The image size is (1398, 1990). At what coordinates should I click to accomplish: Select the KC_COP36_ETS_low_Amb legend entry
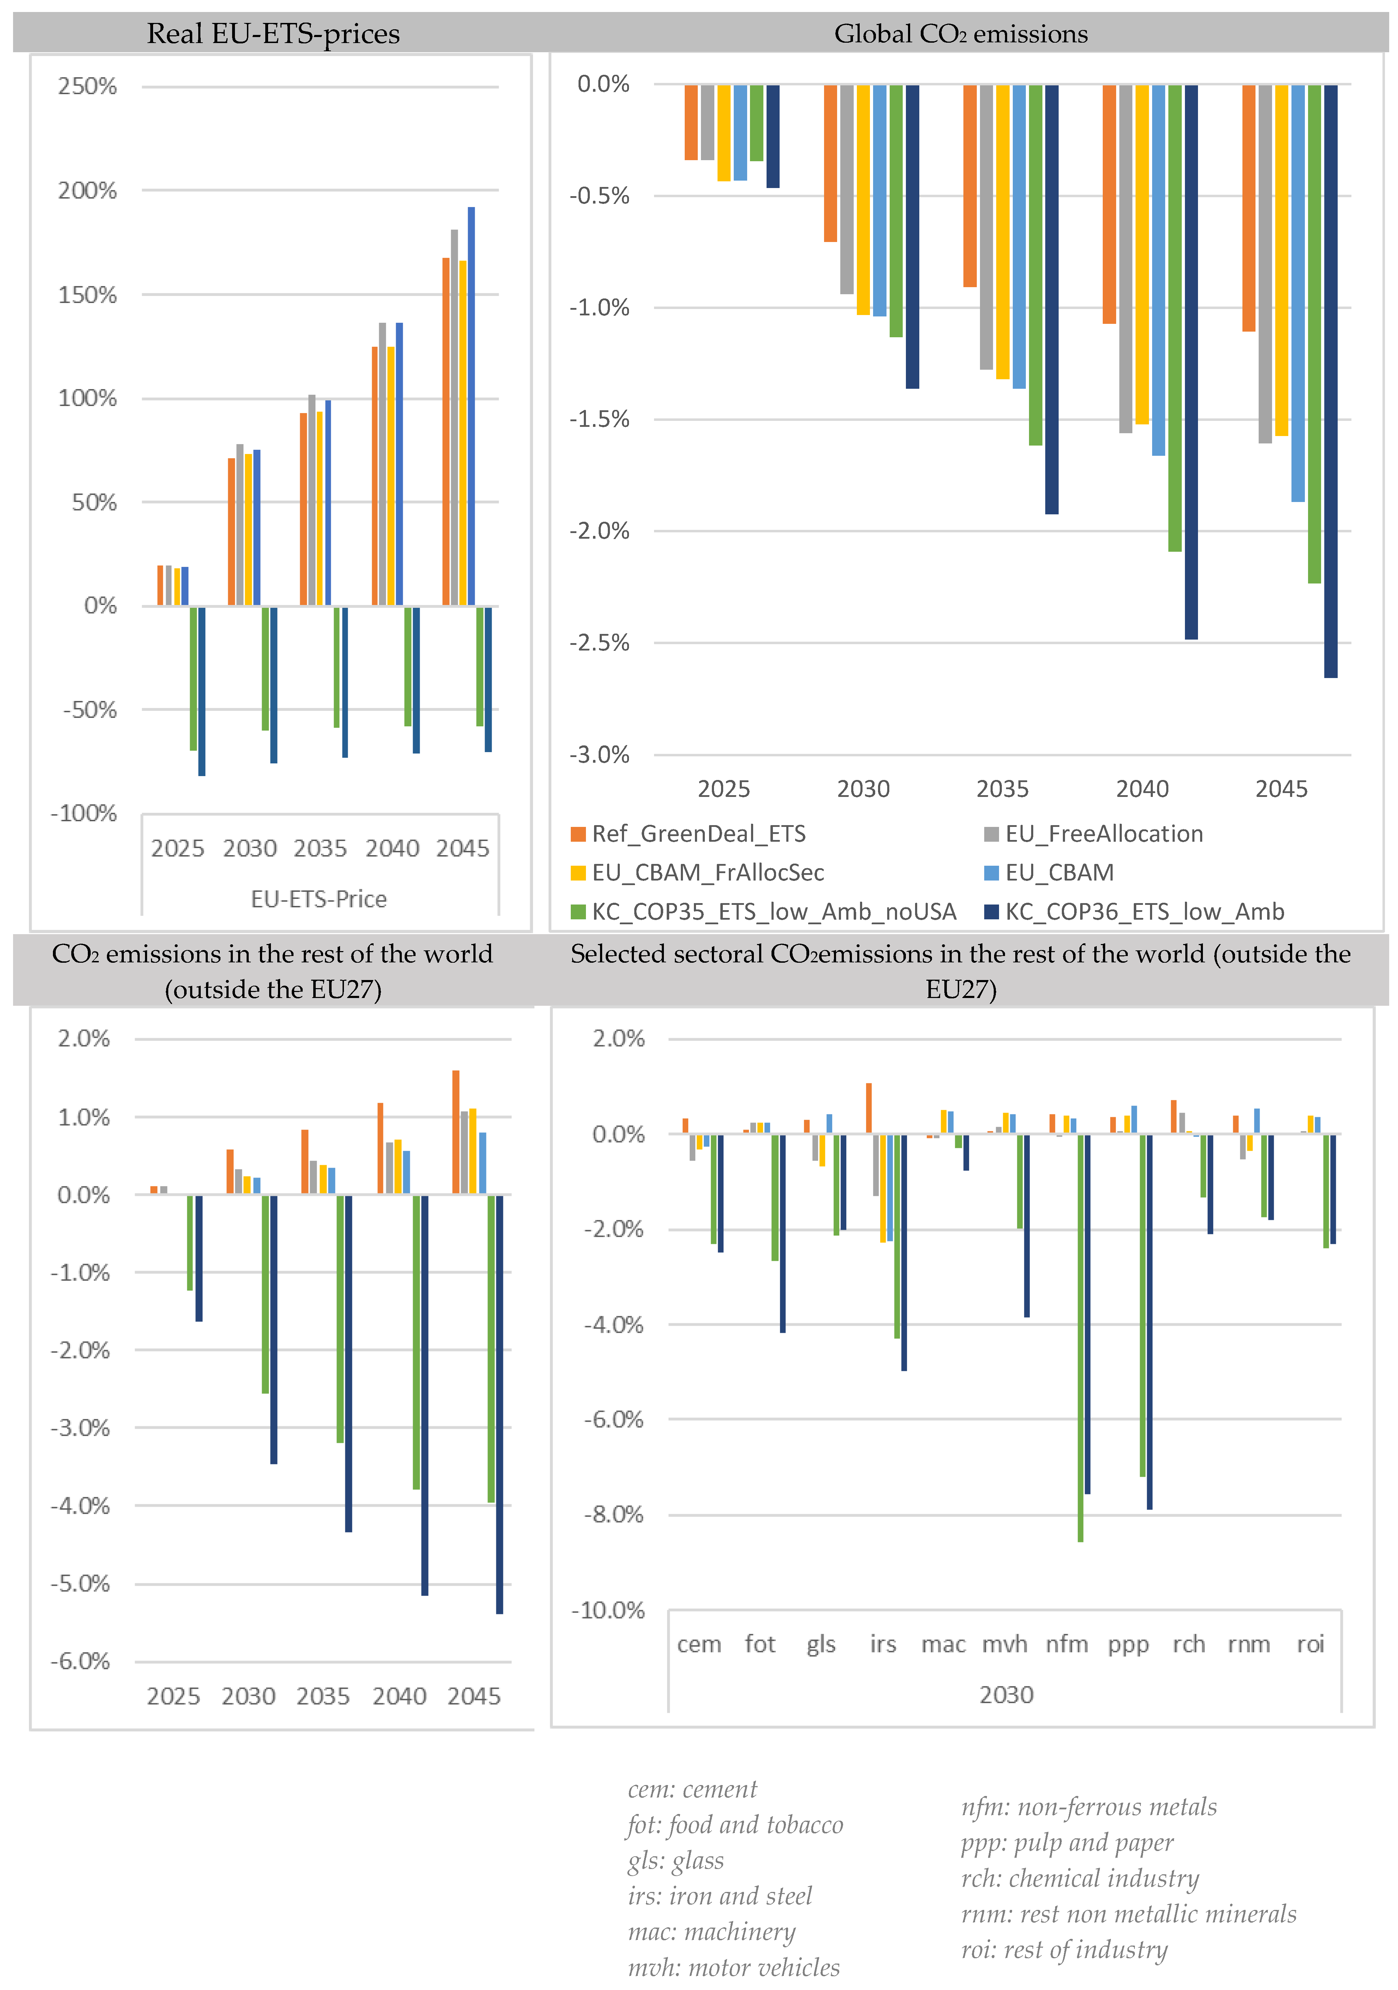point(1144,912)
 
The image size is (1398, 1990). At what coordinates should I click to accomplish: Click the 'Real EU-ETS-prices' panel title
point(273,34)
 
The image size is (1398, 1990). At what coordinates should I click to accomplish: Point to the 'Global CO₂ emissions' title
point(960,34)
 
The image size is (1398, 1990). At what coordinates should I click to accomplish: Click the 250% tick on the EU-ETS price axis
point(87,87)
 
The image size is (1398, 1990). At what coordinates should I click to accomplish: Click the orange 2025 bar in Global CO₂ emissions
point(691,122)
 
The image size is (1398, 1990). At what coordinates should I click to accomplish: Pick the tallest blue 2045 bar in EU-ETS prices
point(472,406)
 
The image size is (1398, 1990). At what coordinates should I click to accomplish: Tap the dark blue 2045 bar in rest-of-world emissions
point(499,1404)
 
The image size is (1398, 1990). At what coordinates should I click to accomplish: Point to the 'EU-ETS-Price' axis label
point(319,899)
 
